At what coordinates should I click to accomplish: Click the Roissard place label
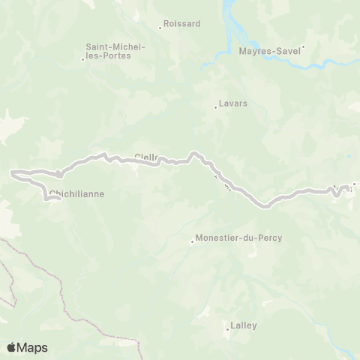[181, 23]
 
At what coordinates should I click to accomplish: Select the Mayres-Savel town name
[269, 52]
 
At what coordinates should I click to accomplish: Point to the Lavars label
[232, 103]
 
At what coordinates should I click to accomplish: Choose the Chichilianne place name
[76, 194]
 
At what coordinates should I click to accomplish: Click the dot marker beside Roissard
[160, 29]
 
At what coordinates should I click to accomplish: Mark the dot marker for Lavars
[215, 108]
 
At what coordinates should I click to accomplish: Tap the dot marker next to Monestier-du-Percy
[192, 241]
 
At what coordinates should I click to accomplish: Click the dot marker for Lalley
[227, 330]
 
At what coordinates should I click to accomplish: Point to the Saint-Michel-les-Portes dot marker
[82, 59]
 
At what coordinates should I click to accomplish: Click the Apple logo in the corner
[12, 347]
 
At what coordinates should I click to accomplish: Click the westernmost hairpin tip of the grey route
[11, 174]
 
